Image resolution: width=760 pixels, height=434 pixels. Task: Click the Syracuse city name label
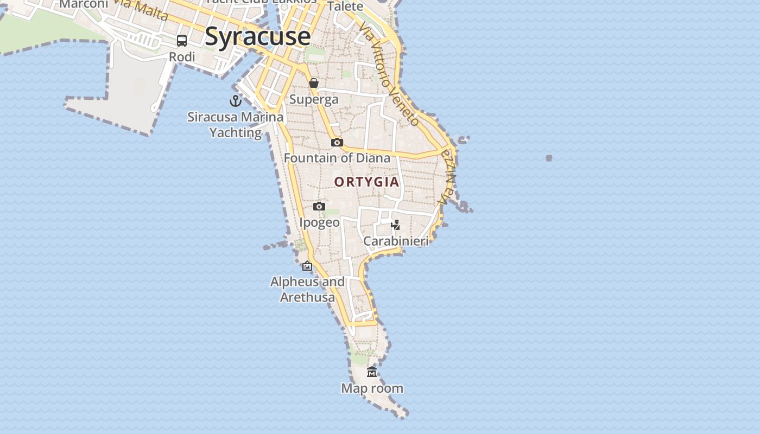258,37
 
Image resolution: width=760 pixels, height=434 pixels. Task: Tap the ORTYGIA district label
367,182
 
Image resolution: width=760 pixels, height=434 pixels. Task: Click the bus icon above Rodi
182,41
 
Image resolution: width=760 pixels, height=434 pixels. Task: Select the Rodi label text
182,57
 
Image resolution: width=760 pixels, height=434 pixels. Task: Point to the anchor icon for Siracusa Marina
236,101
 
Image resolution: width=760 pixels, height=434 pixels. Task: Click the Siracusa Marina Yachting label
236,125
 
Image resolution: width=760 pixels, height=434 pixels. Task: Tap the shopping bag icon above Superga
314,83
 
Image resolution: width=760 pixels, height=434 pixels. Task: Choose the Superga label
314,99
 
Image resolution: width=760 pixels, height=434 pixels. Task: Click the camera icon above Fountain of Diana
337,142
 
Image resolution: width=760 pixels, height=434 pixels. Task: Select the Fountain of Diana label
337,158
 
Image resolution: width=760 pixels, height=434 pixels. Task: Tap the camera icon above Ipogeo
319,206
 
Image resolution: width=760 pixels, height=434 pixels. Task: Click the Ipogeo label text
319,222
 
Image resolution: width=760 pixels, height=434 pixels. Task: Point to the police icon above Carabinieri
396,225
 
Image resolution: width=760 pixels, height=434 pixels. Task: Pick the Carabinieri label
396,241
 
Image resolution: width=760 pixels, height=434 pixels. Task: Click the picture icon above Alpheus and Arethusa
307,266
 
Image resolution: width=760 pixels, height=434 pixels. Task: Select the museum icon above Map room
372,372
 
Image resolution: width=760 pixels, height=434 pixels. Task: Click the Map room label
372,388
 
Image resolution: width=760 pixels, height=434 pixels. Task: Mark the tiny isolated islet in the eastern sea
549,158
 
